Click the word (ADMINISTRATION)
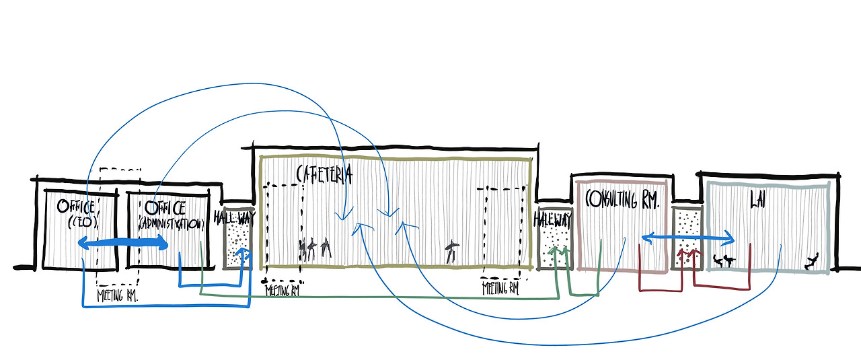171,223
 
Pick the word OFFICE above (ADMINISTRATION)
165,206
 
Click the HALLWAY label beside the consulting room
554,219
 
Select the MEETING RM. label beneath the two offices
118,295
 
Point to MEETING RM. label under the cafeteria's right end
500,289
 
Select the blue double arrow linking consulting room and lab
688,238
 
